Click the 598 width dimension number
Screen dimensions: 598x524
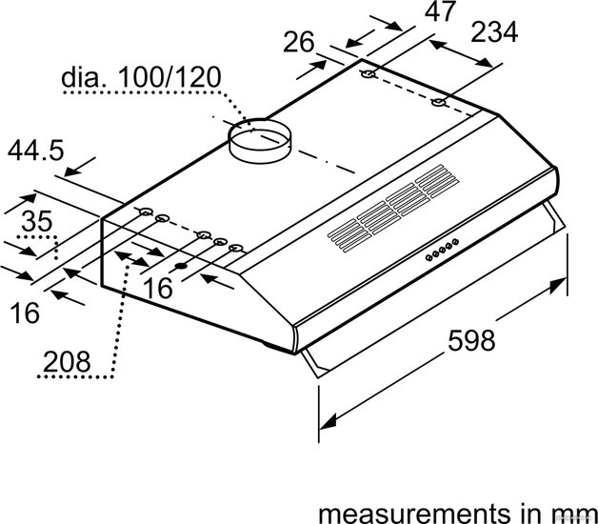[471, 340]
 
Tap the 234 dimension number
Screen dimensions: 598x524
[494, 32]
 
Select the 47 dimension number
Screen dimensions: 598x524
[440, 11]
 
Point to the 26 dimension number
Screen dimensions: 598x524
[299, 42]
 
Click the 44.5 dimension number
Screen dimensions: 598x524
[35, 150]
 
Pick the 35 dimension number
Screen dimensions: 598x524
[36, 221]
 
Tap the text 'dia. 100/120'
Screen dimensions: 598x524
[141, 77]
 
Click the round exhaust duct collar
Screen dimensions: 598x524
[259, 141]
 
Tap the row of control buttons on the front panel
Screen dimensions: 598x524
[443, 250]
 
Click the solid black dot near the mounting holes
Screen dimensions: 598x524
[181, 266]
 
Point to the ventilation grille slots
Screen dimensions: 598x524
[393, 209]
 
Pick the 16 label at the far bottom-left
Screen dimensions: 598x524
[25, 312]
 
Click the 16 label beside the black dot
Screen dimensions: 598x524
[158, 288]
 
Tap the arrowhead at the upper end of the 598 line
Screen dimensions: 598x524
[559, 285]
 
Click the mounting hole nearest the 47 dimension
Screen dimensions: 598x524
[369, 74]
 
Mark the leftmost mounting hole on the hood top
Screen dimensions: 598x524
[146, 212]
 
